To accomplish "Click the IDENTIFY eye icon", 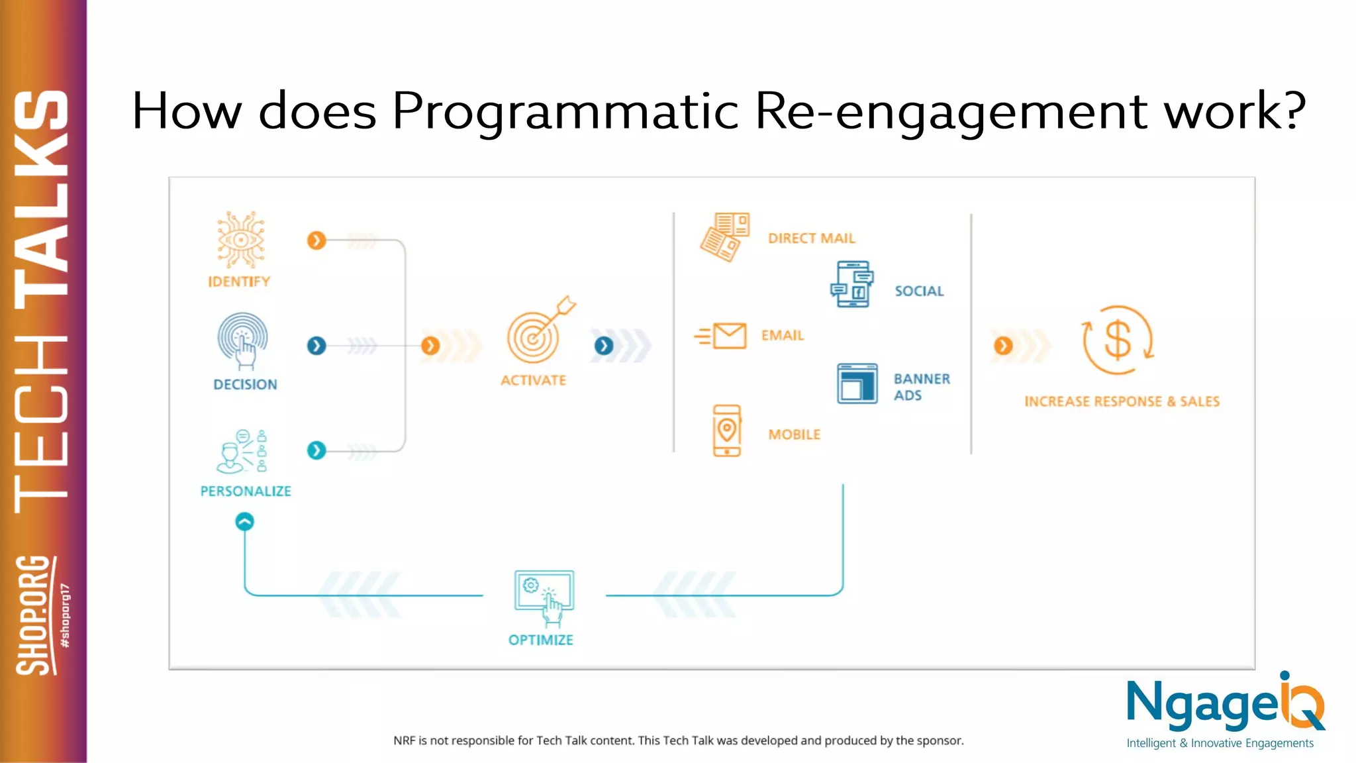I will pyautogui.click(x=241, y=240).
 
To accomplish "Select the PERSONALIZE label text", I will pyautogui.click(x=246, y=491).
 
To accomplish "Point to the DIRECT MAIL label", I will pyautogui.click(x=812, y=238).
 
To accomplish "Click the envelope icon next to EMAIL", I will pyautogui.click(x=728, y=336).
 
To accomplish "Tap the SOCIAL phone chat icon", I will pyautogui.click(x=853, y=285).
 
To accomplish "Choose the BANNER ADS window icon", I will pyautogui.click(x=857, y=383).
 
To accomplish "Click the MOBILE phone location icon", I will pyautogui.click(x=727, y=431).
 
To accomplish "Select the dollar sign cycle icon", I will pyautogui.click(x=1118, y=340).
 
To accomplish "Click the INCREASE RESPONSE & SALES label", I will pyautogui.click(x=1122, y=401).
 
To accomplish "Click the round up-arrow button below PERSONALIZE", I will pyautogui.click(x=245, y=522).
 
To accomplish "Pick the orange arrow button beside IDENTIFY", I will pyautogui.click(x=316, y=240).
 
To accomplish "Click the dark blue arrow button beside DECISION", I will pyautogui.click(x=316, y=346).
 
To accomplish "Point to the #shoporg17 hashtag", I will pyautogui.click(x=65, y=616).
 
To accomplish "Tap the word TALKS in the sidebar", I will pyautogui.click(x=41, y=192).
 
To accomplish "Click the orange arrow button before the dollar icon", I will pyautogui.click(x=1003, y=346).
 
